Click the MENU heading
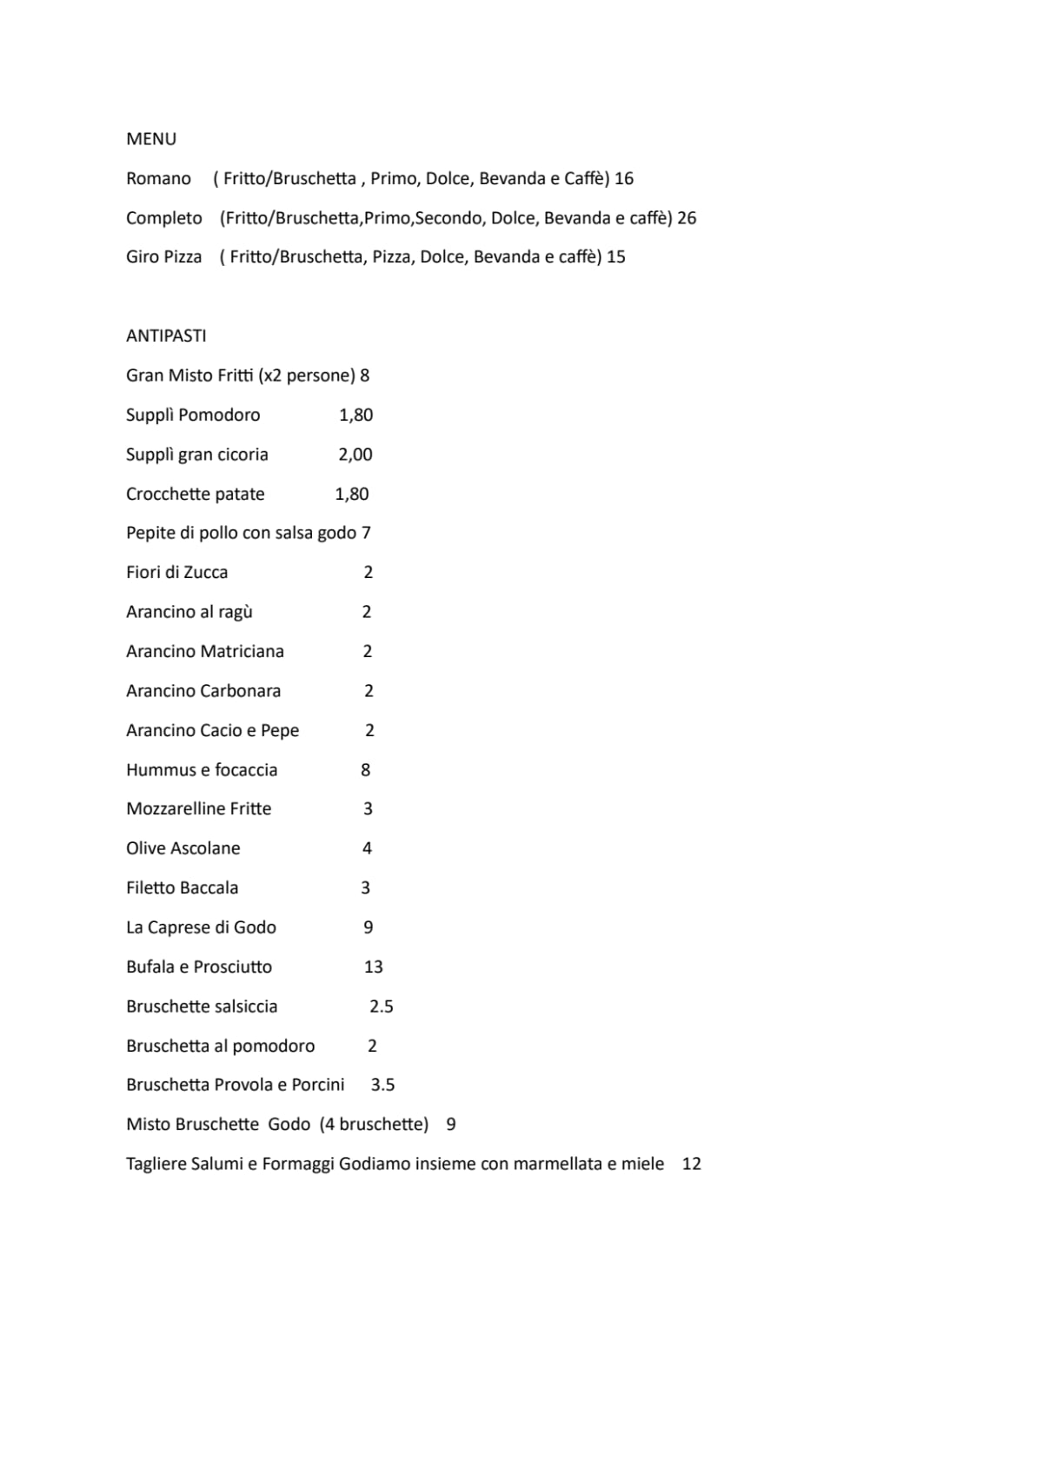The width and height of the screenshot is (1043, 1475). click(151, 139)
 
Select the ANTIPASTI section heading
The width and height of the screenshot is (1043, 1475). click(166, 336)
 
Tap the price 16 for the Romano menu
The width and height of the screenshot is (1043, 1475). click(624, 178)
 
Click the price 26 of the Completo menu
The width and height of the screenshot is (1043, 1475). click(687, 217)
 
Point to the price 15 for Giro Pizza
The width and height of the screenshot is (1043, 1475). click(616, 256)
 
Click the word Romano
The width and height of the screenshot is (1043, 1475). click(158, 178)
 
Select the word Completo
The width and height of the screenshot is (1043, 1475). click(163, 217)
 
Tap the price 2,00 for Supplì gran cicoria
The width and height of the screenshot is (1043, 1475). click(355, 454)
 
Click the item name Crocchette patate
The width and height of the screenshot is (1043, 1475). click(195, 494)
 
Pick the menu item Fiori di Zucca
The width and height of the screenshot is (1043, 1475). click(176, 572)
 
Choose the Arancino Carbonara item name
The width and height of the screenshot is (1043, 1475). click(203, 690)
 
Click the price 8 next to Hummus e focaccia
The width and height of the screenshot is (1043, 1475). click(365, 769)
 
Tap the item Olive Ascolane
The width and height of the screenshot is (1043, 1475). click(183, 847)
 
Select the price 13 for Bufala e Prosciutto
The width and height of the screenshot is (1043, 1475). click(374, 967)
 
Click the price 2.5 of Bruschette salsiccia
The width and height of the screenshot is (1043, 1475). click(382, 1006)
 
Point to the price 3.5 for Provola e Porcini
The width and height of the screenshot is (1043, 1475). click(382, 1084)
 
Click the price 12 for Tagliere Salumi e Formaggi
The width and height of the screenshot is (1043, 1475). click(692, 1163)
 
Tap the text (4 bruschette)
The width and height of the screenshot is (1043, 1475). click(374, 1124)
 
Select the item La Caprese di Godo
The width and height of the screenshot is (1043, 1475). click(201, 927)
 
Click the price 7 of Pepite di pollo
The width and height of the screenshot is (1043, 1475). click(366, 532)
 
